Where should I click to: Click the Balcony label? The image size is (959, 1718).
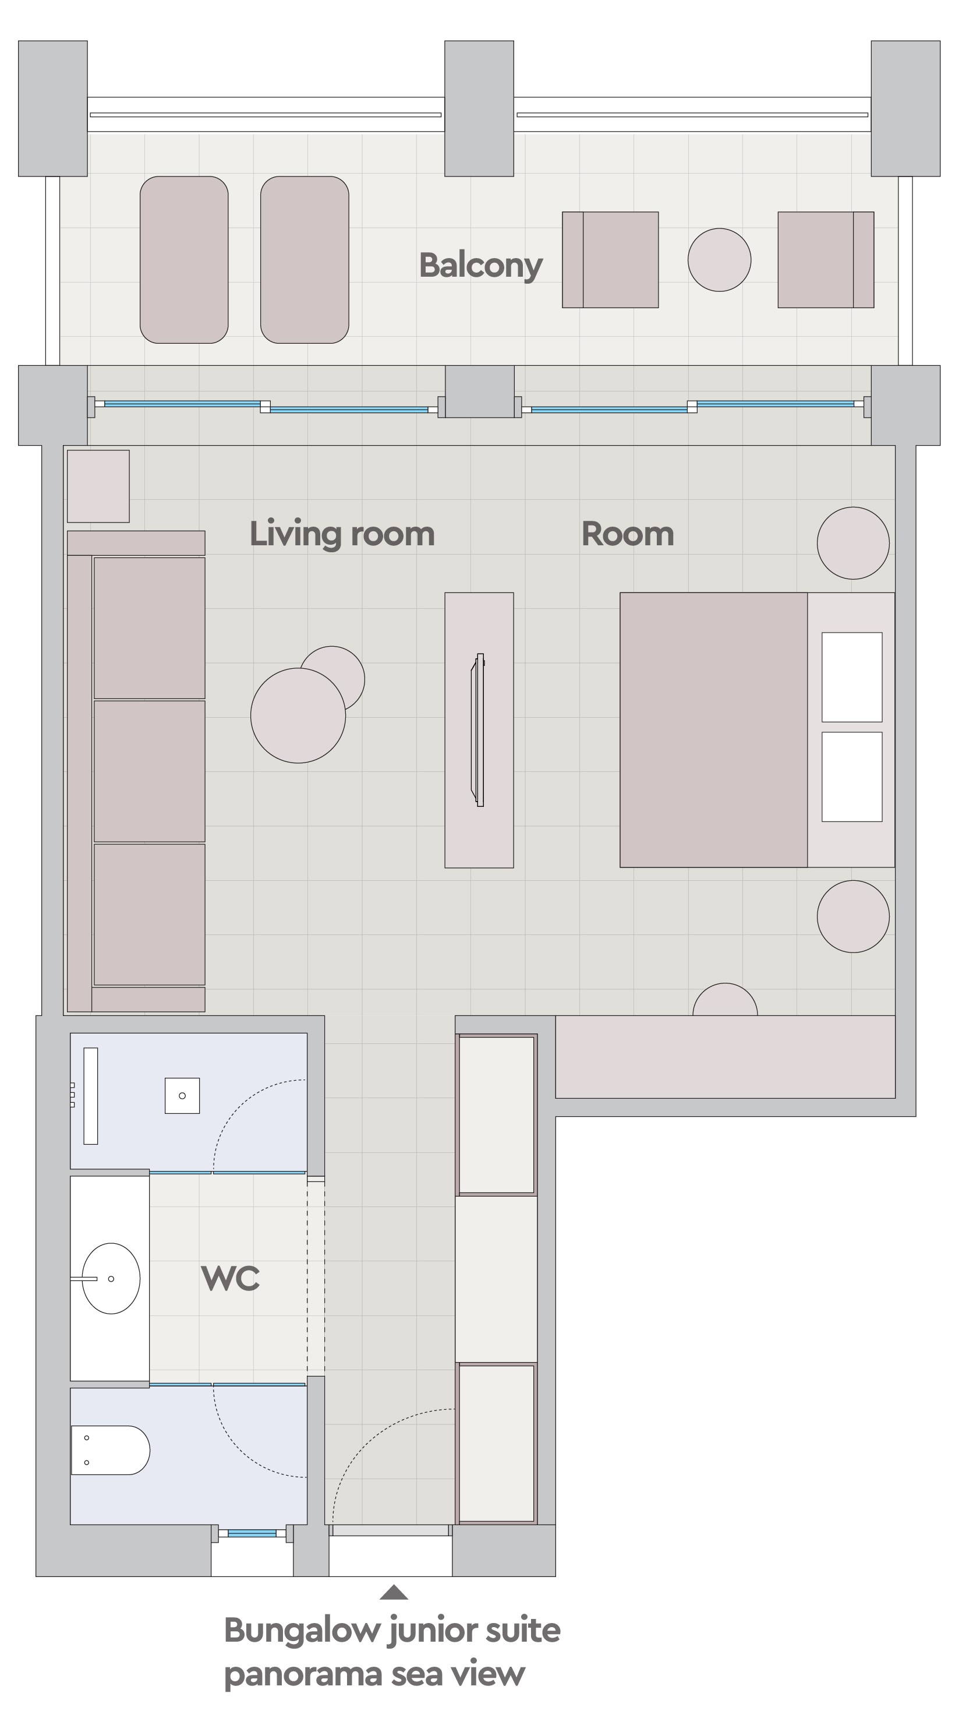(x=480, y=266)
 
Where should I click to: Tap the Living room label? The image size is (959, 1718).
(x=342, y=534)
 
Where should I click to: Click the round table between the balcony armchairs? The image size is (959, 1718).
(x=719, y=259)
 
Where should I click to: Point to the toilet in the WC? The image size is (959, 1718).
(x=110, y=1450)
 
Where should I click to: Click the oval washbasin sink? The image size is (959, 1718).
(x=111, y=1279)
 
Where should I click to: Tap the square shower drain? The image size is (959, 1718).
(x=182, y=1095)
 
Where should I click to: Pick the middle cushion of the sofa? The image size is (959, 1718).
(x=149, y=771)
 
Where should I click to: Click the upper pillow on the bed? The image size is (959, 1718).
(x=852, y=677)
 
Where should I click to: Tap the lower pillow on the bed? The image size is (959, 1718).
(x=852, y=777)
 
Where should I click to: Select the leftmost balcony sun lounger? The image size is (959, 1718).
(x=184, y=259)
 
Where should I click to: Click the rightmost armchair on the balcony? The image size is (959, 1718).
(x=826, y=259)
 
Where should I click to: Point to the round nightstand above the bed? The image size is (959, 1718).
(x=853, y=543)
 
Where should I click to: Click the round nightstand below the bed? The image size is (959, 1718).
(x=853, y=916)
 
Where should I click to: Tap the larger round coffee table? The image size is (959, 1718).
(x=298, y=715)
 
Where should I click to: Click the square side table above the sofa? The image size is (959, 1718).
(x=98, y=486)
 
